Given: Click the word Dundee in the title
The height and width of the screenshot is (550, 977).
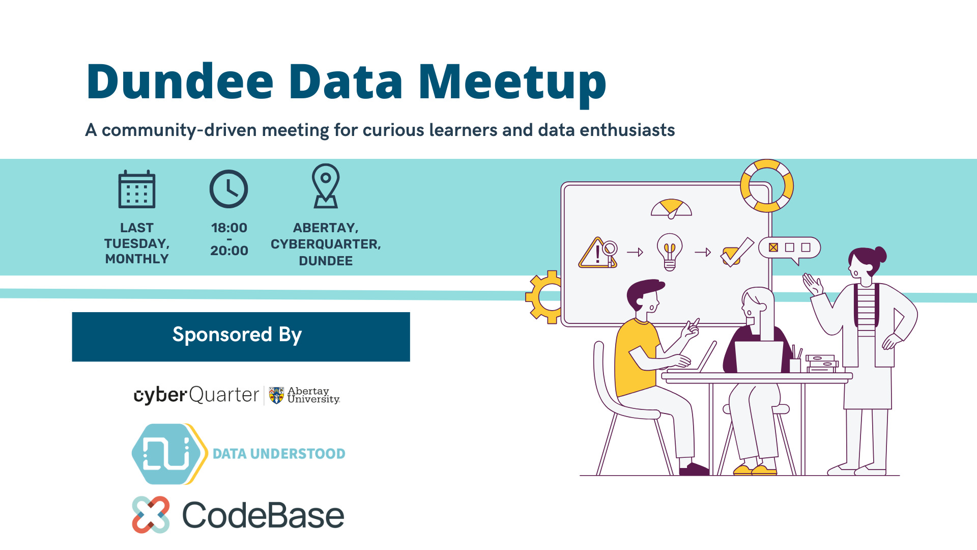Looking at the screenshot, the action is (x=180, y=81).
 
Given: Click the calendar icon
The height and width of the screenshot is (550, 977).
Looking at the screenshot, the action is (x=137, y=189).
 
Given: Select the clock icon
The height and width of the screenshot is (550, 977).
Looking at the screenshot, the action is (x=229, y=189).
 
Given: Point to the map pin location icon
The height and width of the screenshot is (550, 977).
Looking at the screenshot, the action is (x=326, y=186).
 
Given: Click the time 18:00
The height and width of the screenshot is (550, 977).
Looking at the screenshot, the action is (x=229, y=228).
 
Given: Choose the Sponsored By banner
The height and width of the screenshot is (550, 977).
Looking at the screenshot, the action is (x=241, y=337).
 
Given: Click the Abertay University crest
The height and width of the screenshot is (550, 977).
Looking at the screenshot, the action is (x=276, y=395).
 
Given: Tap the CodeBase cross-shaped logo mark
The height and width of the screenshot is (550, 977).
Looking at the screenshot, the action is (x=151, y=515).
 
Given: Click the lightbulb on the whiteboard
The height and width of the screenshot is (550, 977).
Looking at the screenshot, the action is (x=670, y=252).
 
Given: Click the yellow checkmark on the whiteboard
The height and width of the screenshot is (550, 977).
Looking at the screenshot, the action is (x=736, y=252).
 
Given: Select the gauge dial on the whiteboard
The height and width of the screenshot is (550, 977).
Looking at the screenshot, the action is (x=671, y=208).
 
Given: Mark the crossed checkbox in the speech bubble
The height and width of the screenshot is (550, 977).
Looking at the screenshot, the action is (x=773, y=248).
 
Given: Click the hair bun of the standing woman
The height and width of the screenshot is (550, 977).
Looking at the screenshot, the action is (x=879, y=254).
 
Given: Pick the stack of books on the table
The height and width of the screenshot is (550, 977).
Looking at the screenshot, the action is (x=822, y=364).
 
